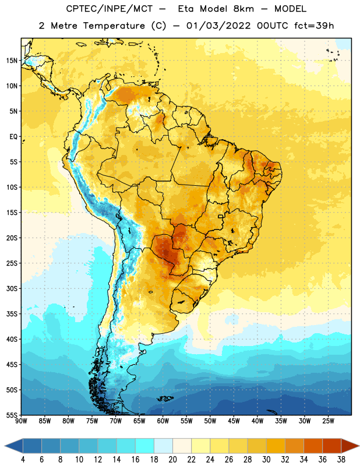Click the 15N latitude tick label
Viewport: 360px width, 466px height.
[x=12, y=61]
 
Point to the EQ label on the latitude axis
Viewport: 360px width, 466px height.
[x=13, y=137]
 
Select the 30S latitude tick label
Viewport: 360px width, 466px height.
[x=12, y=288]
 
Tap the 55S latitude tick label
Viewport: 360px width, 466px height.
[x=12, y=415]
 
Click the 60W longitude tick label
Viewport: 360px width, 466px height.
[x=163, y=421]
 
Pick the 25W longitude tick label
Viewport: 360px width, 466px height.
[x=328, y=421]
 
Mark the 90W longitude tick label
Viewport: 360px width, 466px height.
[x=21, y=421]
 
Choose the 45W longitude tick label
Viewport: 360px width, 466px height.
[x=234, y=421]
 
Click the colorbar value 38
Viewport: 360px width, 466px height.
[x=341, y=460]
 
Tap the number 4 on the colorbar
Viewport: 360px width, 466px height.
[x=23, y=460]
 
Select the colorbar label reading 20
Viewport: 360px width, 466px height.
[x=172, y=460]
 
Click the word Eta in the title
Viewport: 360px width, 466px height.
[x=186, y=9]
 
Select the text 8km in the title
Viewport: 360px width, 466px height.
[x=243, y=9]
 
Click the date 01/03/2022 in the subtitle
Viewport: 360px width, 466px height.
[x=218, y=26]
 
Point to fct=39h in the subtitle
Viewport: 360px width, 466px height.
[x=314, y=26]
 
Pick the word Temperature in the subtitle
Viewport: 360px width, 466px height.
[x=114, y=26]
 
